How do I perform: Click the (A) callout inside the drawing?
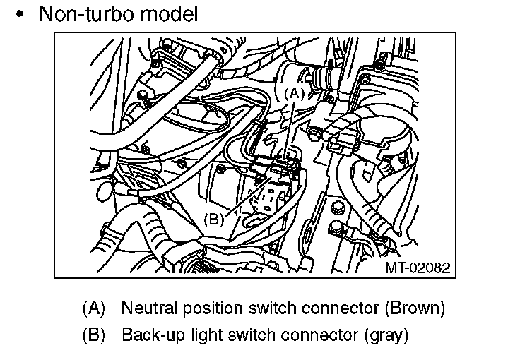(x=295, y=92)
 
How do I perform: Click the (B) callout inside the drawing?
(x=213, y=219)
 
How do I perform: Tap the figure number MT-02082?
(x=416, y=268)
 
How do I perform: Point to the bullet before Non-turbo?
(x=23, y=14)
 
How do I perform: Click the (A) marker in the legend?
(x=94, y=308)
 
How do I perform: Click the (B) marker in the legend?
(x=94, y=333)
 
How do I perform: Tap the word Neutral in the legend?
(x=145, y=308)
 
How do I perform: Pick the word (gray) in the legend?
(x=385, y=333)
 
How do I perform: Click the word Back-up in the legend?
(x=149, y=333)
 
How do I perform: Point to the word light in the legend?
(x=196, y=333)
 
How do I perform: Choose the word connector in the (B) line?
(x=317, y=333)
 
